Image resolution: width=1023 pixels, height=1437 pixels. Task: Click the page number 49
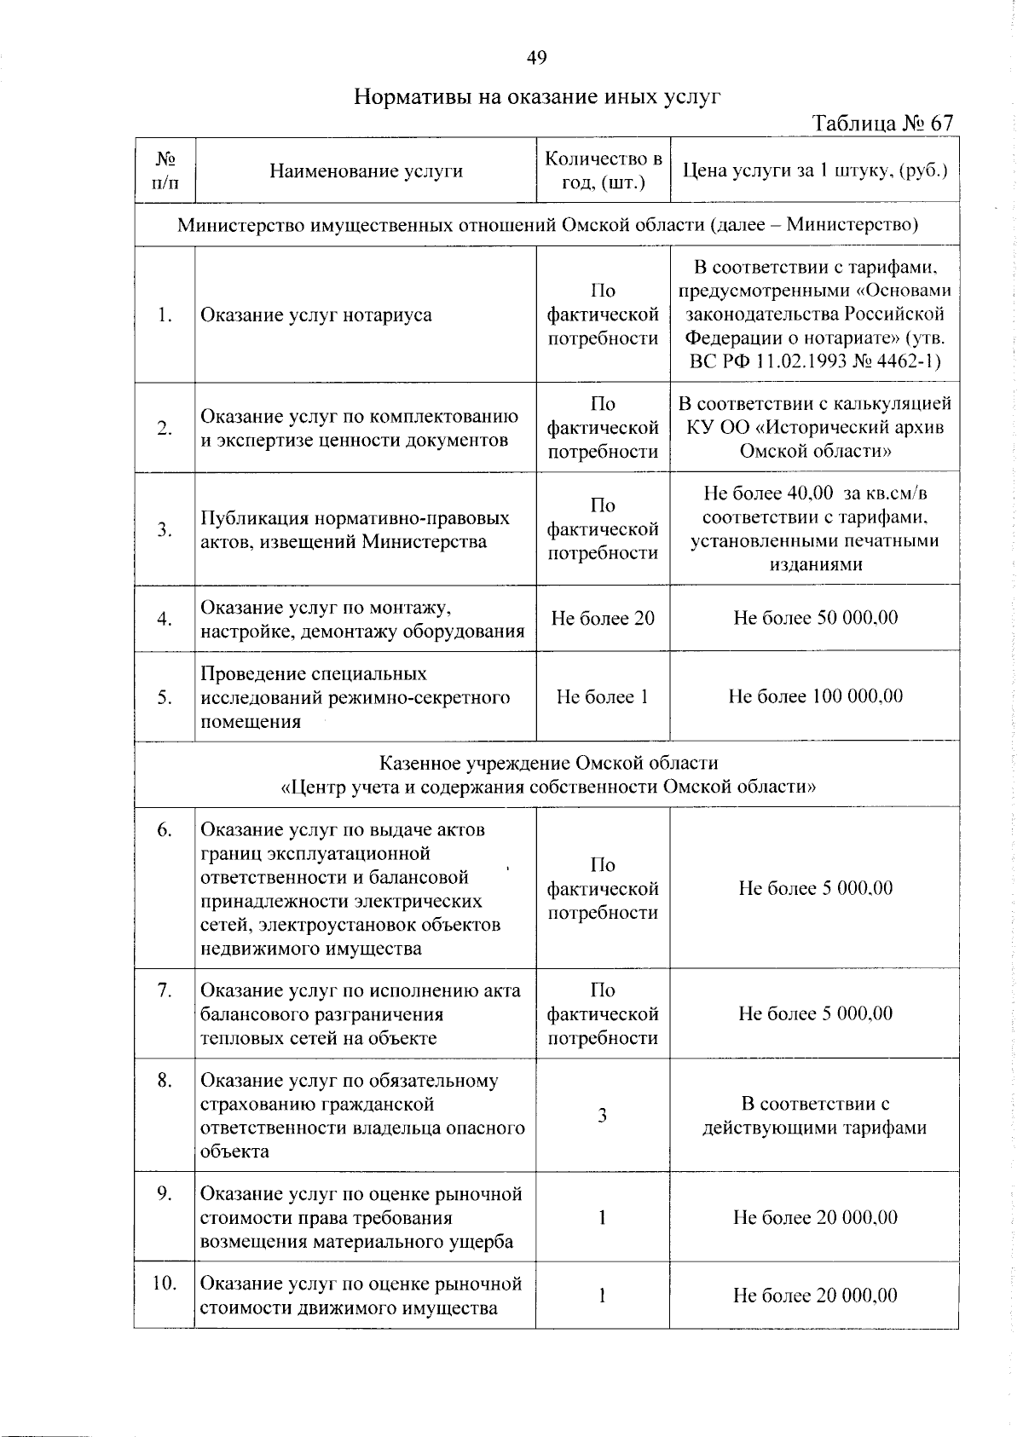[x=536, y=58]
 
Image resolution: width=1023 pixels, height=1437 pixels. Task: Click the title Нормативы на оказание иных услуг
[x=537, y=96]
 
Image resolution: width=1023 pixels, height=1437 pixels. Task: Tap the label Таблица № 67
[x=882, y=124]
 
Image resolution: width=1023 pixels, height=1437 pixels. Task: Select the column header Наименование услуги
[x=366, y=171]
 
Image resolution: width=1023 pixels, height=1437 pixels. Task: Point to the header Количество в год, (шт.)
[x=603, y=170]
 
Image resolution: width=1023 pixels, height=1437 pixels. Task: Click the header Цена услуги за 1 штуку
[x=815, y=170]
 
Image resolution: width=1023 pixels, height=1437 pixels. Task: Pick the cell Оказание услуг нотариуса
[x=316, y=315]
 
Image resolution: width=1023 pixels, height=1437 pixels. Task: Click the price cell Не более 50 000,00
[x=815, y=618]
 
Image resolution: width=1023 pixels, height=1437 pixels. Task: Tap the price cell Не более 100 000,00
[x=815, y=696]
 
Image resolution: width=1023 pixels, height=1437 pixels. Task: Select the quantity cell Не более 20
[x=603, y=618]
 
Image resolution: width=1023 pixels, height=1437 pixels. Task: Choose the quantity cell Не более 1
[x=603, y=696]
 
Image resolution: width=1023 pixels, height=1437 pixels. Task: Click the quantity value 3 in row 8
[x=602, y=1116]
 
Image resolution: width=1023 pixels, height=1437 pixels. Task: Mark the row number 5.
[x=165, y=698]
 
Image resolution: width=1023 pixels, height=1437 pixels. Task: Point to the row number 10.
[x=165, y=1283]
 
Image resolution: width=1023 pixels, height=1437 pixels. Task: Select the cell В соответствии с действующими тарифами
[x=814, y=1117]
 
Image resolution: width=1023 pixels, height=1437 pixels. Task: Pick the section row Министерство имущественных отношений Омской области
[x=547, y=225]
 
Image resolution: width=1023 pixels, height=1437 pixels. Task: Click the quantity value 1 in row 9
[x=602, y=1217]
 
